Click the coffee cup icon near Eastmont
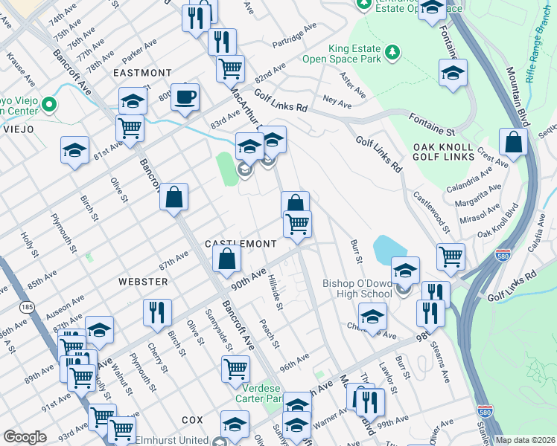pos(185,97)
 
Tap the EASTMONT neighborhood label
pos(142,74)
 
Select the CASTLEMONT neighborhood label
pos(241,244)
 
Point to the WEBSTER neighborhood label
pos(143,282)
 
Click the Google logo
pos(25,437)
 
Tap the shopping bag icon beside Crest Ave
pos(513,143)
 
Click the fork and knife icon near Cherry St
pos(157,312)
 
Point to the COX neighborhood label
pos(191,420)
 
